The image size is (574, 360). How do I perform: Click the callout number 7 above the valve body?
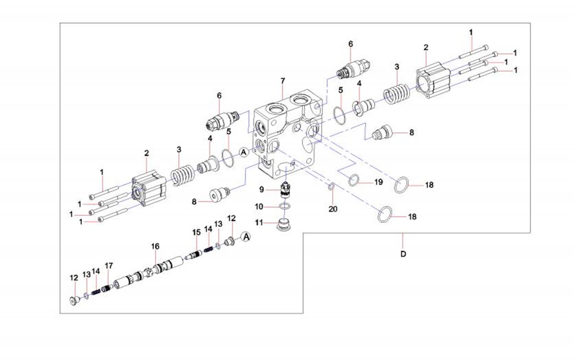[x=283, y=81]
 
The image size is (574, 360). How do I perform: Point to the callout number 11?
[x=262, y=223]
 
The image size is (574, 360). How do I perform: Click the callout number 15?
[x=196, y=232]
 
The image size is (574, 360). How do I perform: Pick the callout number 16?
[x=155, y=247]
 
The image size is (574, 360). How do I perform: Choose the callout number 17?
[x=109, y=266]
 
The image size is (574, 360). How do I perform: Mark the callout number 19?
[x=379, y=182]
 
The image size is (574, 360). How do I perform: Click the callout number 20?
[x=332, y=209]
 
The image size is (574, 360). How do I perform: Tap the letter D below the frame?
[x=403, y=254]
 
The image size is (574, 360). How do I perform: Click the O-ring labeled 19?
[x=355, y=179]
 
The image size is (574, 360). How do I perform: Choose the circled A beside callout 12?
[x=246, y=236]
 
